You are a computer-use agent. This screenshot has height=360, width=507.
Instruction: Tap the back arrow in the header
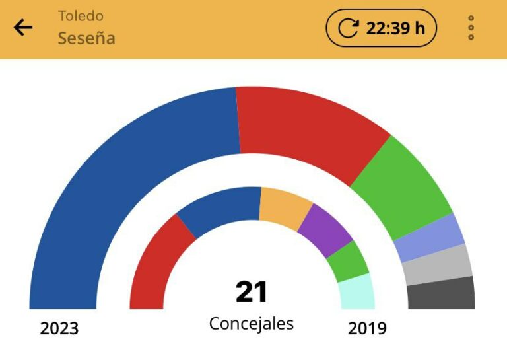tap(23, 28)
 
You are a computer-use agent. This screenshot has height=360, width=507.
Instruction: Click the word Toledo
tap(81, 15)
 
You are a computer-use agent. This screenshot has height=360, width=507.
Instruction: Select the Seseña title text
tap(86, 38)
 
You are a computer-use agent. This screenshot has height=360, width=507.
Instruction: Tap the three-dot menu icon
tap(471, 28)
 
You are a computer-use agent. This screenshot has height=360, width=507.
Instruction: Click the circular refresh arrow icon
tap(348, 28)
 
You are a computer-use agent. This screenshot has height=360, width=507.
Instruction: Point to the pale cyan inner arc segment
tap(357, 293)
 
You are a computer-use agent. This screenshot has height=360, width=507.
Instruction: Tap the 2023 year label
tap(59, 328)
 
